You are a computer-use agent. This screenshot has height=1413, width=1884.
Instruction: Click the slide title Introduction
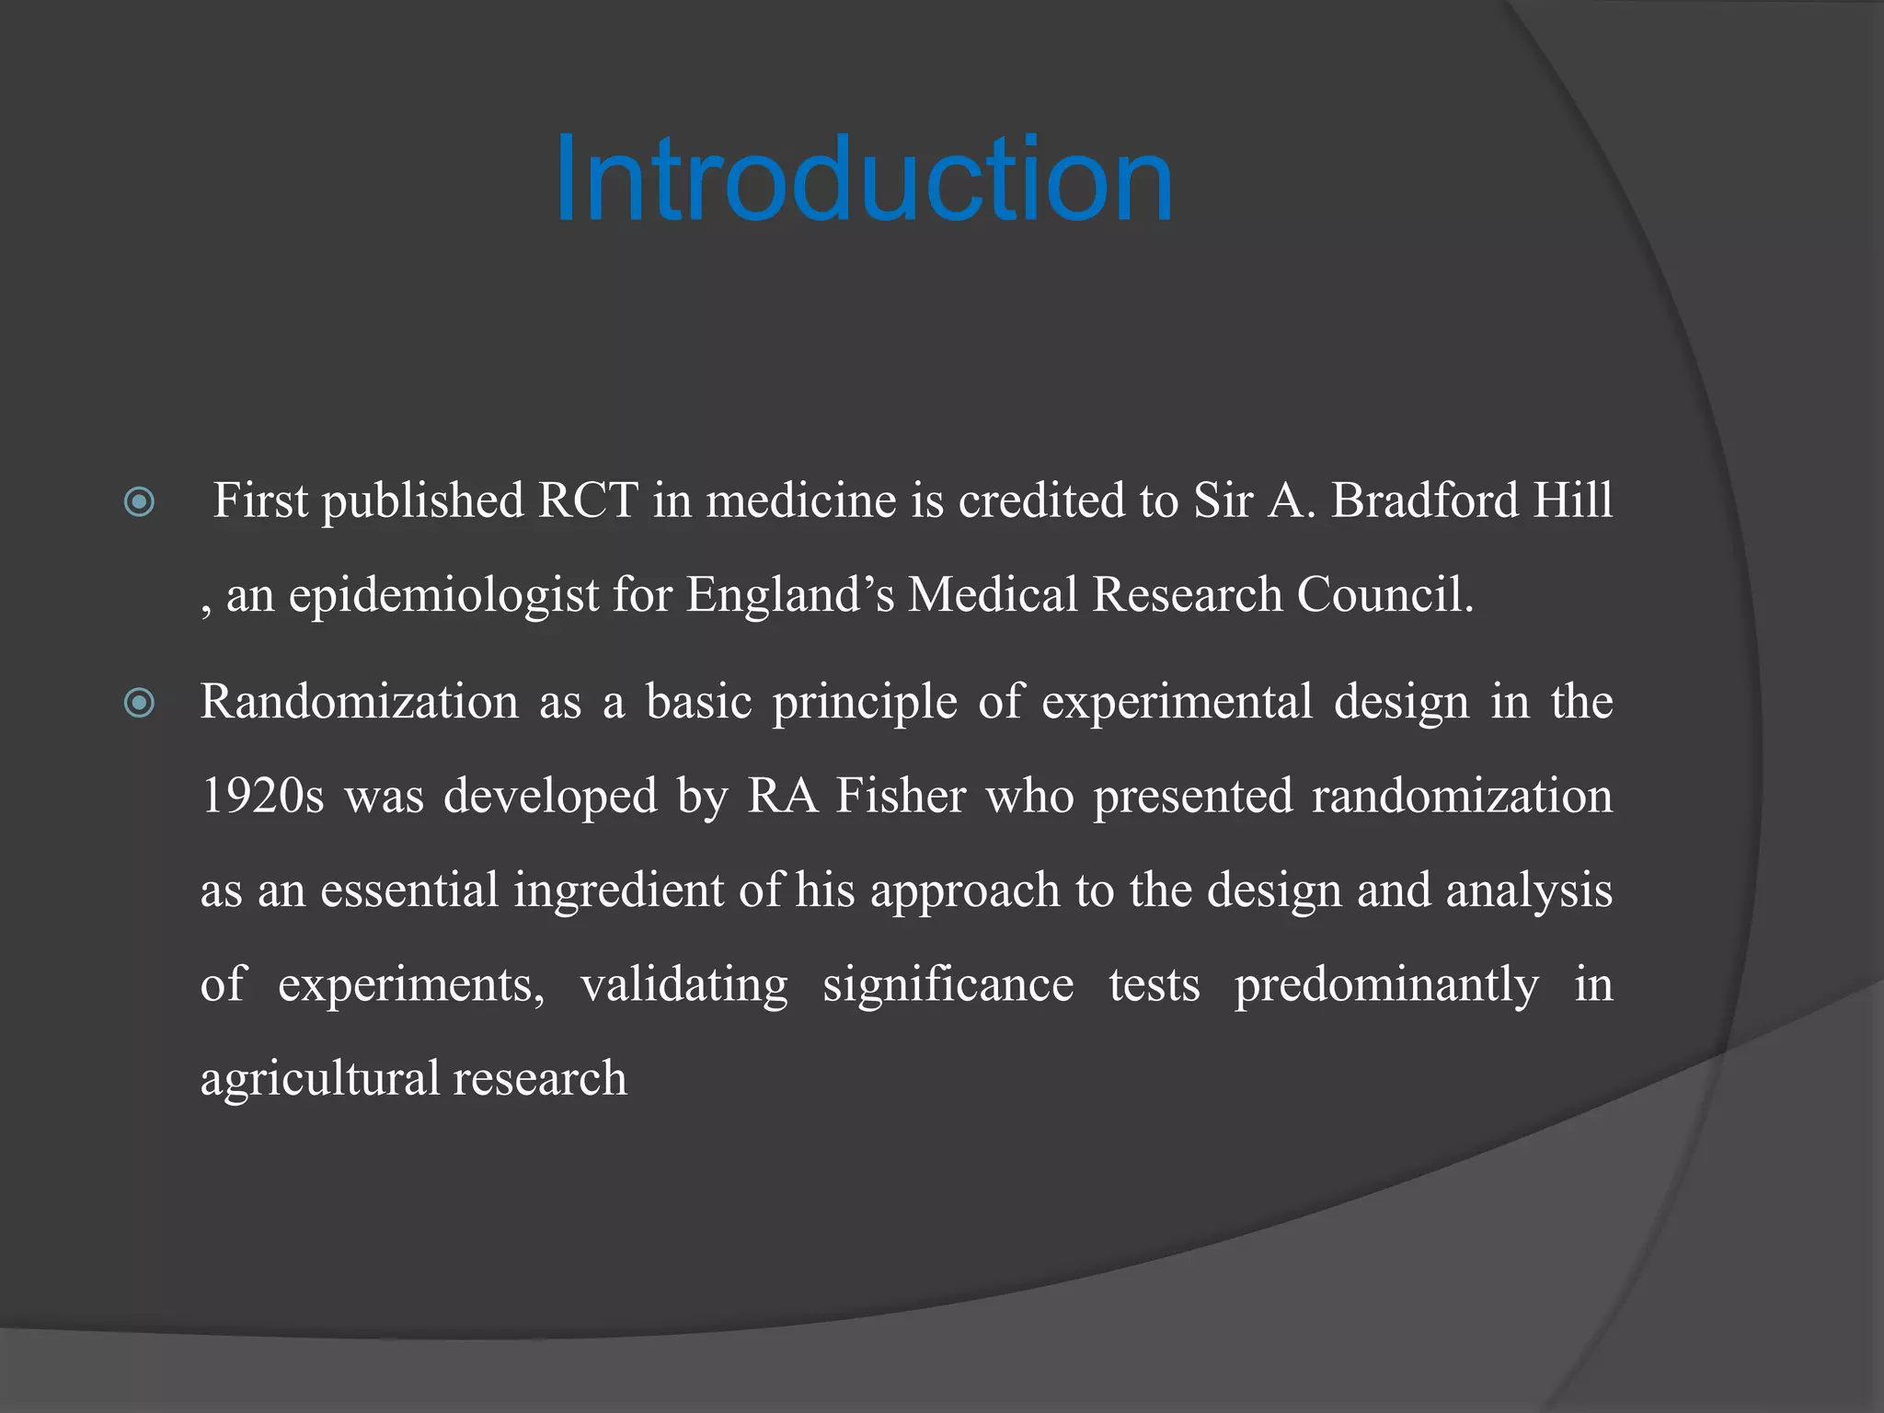pos(864,179)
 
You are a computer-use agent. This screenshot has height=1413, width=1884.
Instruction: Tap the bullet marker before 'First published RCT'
pos(139,502)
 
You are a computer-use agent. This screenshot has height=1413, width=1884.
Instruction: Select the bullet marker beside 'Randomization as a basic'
pos(139,705)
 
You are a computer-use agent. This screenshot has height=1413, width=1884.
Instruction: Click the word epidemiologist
pos(443,596)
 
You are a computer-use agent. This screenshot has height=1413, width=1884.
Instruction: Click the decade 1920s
pos(262,797)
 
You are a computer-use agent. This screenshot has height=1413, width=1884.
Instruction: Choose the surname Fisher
pos(900,797)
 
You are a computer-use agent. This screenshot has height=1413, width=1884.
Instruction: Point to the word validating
pos(684,985)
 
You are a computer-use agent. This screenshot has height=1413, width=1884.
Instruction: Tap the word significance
pos(948,985)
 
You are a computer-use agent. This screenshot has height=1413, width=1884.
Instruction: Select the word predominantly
pos(1386,985)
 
